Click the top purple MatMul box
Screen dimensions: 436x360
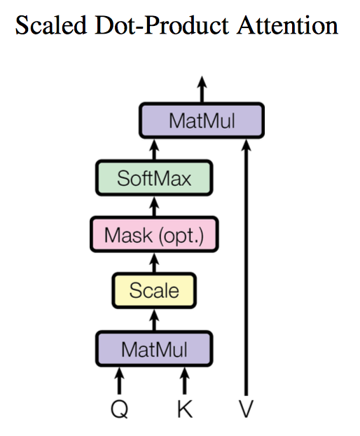201,121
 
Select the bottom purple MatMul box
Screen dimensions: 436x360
154,348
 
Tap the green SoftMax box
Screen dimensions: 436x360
154,178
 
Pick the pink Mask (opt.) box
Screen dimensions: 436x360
154,235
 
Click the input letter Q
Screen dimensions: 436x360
119,409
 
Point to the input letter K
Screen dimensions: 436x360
184,409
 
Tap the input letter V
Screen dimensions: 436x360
246,409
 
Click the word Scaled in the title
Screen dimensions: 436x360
52,27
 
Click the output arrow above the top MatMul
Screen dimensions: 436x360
202,89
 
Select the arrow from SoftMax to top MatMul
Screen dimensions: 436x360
155,149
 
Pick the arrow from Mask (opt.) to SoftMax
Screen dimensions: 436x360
155,207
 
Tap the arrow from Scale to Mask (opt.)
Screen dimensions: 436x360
155,263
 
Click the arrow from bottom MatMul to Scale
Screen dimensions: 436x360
155,320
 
